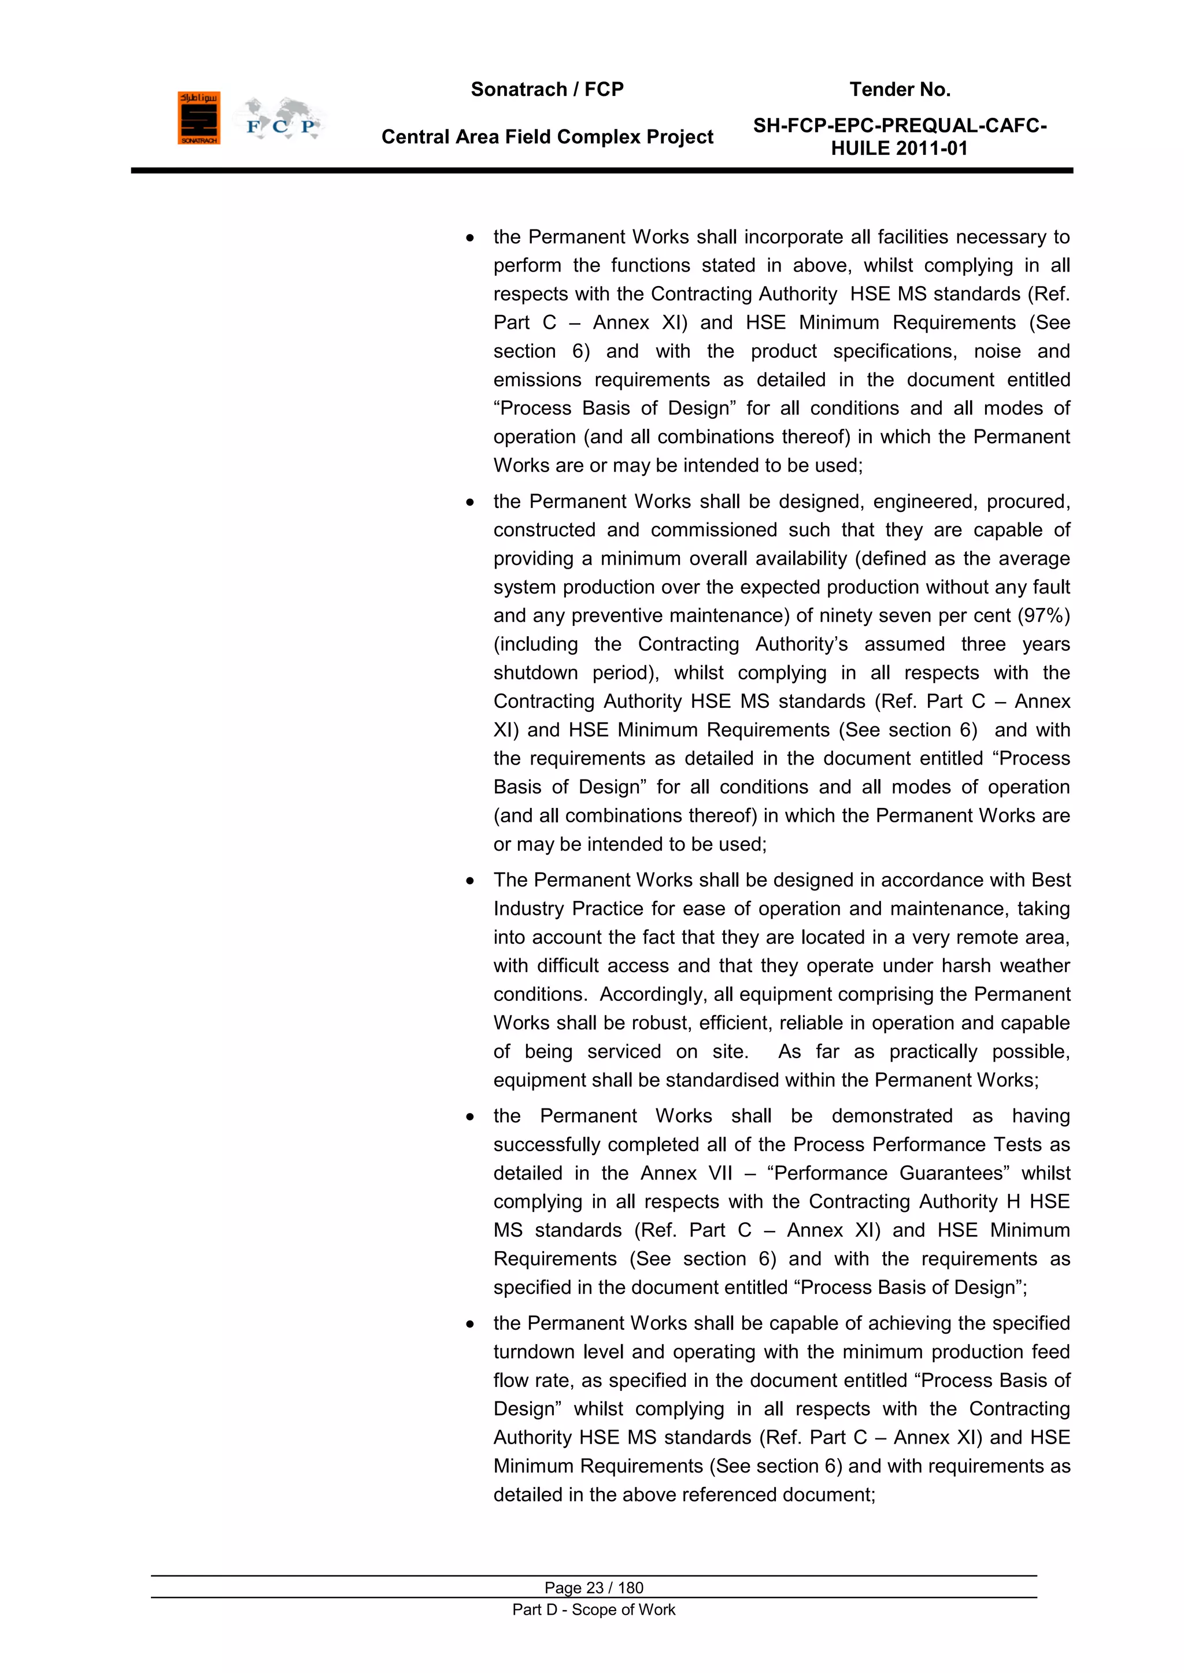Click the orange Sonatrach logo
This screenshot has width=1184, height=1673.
198,118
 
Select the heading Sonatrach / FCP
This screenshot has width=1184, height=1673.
547,90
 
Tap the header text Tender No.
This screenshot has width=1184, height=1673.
900,90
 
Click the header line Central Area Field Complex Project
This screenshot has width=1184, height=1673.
547,137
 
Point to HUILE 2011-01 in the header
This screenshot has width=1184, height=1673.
899,149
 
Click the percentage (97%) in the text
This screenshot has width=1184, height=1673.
1044,615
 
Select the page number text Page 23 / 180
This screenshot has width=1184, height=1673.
594,1587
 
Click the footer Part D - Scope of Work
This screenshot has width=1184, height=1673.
594,1609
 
